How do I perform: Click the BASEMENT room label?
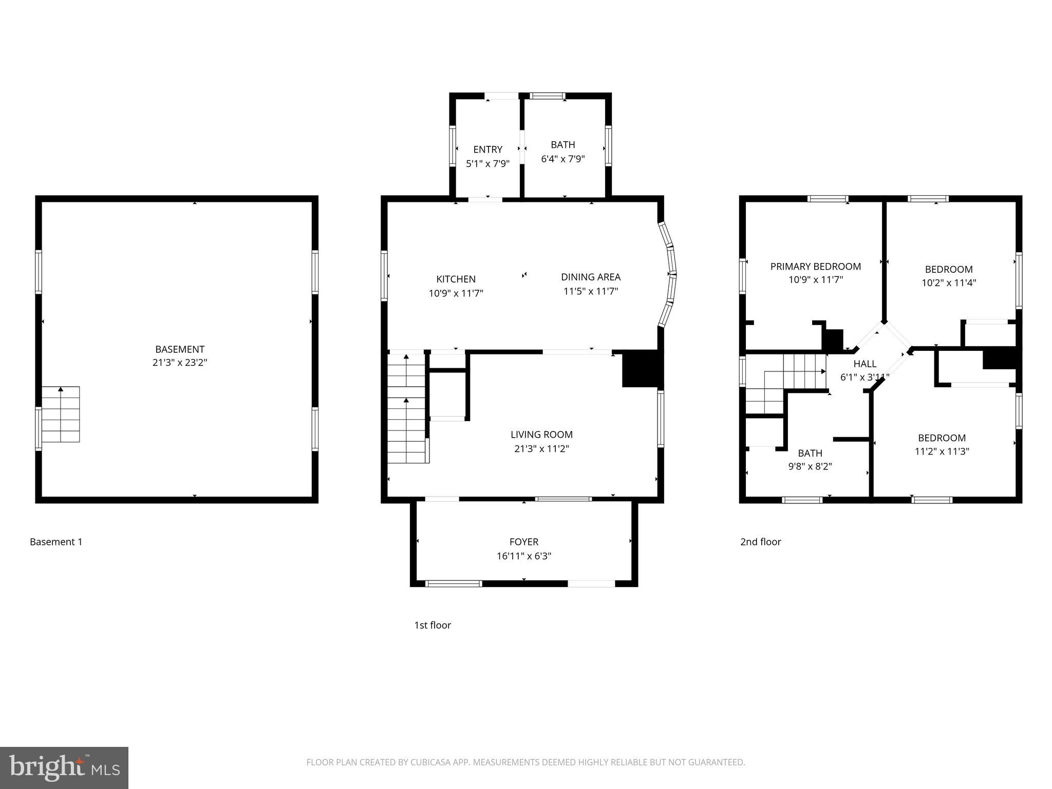click(x=180, y=349)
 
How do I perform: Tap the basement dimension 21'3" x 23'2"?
click(x=180, y=363)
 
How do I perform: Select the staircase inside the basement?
click(x=61, y=414)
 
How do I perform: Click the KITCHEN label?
click(x=456, y=279)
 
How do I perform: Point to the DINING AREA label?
click(x=590, y=277)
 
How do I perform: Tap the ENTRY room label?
click(x=487, y=149)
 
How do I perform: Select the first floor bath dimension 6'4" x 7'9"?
click(x=562, y=159)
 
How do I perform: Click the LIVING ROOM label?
click(x=541, y=435)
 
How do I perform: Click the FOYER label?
click(x=523, y=541)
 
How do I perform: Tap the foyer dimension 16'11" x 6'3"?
click(x=523, y=556)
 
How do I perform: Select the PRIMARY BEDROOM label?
click(x=815, y=266)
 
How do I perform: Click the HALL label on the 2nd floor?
click(x=865, y=364)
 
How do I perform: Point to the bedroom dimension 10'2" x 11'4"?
click(x=948, y=283)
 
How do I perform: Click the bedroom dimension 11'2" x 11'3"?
click(x=942, y=452)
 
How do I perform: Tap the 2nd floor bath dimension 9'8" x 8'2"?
click(x=810, y=466)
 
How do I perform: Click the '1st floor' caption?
click(x=433, y=625)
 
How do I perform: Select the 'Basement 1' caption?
click(x=56, y=541)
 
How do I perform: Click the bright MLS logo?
click(x=64, y=767)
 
